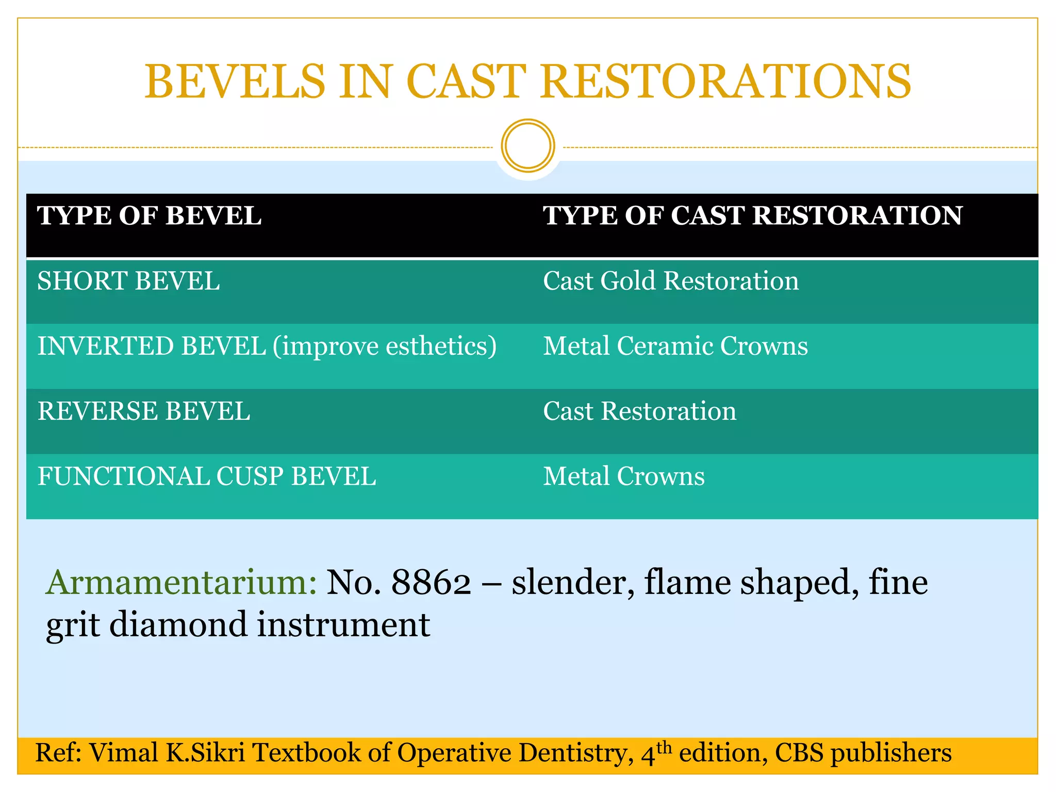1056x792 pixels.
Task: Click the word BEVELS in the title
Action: click(235, 82)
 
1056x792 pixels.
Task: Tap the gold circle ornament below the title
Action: click(527, 146)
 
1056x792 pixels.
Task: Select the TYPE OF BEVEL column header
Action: click(149, 216)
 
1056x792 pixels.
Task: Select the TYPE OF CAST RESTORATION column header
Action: click(752, 216)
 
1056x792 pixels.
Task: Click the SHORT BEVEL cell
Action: click(128, 282)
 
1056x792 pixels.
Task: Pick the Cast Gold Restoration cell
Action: click(670, 282)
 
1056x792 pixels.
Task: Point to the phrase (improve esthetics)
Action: click(384, 346)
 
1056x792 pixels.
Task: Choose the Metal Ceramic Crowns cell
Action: click(675, 346)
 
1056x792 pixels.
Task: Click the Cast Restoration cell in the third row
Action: click(639, 411)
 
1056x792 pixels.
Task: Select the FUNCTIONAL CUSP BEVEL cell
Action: click(207, 476)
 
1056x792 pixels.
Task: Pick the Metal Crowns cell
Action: click(623, 476)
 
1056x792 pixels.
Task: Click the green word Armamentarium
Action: click(181, 583)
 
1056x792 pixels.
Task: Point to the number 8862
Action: click(431, 583)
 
